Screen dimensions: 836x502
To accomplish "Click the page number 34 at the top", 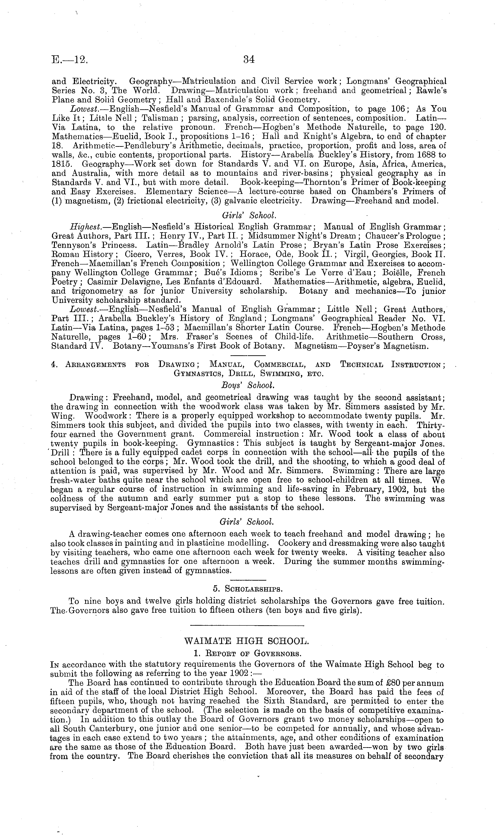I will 249,60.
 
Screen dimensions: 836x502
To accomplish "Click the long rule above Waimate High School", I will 247,625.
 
